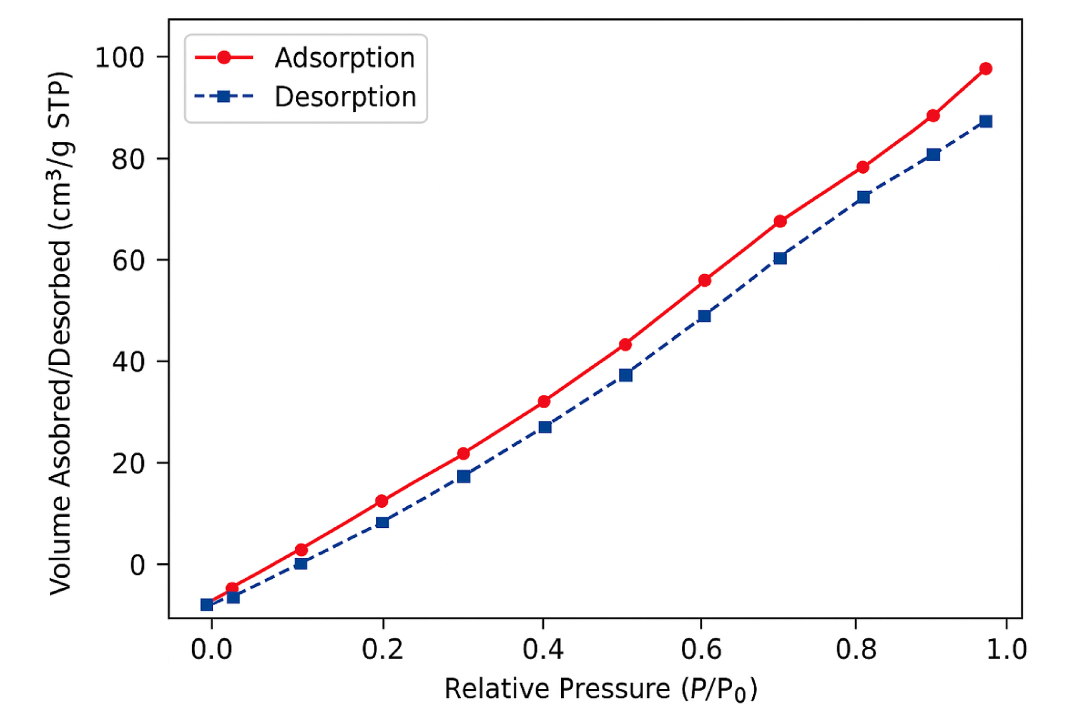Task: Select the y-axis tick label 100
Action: point(119,57)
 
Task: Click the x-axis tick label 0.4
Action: point(543,649)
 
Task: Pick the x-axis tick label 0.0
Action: point(212,649)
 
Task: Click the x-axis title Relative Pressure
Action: point(600,690)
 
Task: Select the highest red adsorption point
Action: point(985,69)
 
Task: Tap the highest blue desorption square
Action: point(985,121)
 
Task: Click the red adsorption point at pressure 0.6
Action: point(704,280)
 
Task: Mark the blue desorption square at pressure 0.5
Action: point(625,375)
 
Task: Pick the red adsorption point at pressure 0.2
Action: point(382,501)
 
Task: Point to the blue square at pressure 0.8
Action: point(863,197)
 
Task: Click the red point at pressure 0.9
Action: point(933,116)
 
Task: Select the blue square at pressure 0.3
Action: point(464,476)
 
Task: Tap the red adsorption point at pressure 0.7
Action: point(780,221)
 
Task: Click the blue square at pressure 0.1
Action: point(301,563)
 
